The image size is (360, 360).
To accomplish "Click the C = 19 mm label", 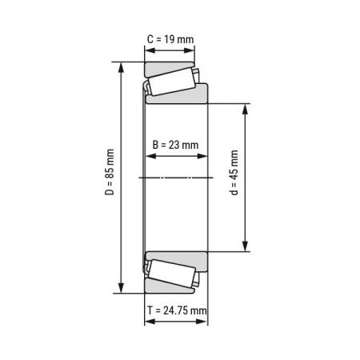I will coord(169,38).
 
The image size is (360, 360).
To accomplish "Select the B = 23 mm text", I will coord(175,145).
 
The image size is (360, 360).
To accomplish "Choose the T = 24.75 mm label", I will coord(176,310).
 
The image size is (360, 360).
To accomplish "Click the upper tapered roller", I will coord(170,82).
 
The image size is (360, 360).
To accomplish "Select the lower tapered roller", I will coord(170,273).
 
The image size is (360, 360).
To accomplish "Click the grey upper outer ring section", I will coord(169,66).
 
